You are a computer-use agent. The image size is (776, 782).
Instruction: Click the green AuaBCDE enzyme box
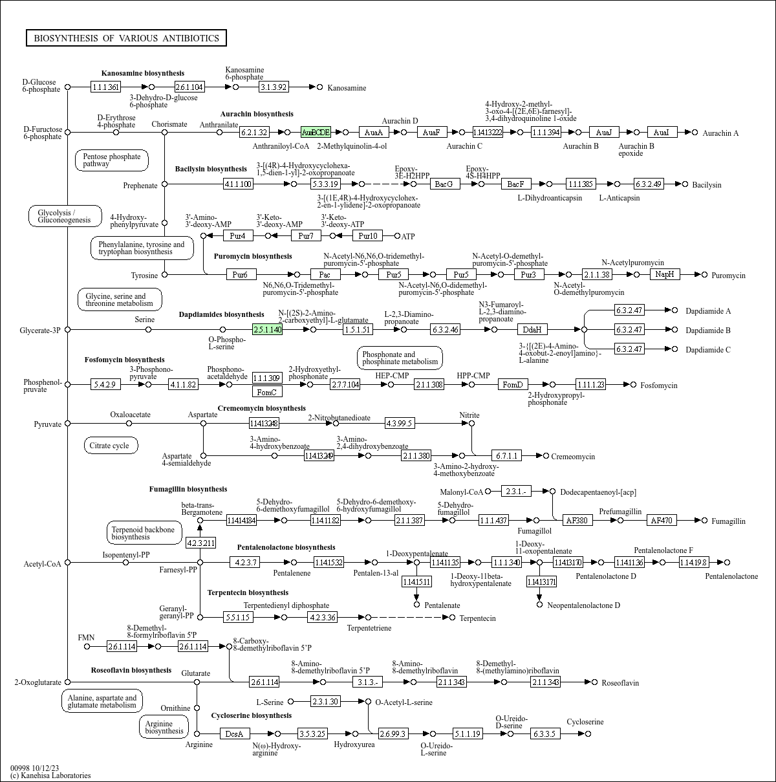[x=316, y=133]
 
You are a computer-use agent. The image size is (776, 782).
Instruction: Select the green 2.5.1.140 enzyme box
[x=267, y=330]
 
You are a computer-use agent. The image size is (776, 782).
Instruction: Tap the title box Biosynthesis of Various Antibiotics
[x=126, y=38]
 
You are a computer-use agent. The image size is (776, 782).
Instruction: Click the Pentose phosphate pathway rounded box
[x=111, y=160]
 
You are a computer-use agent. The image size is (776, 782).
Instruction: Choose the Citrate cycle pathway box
[x=109, y=446]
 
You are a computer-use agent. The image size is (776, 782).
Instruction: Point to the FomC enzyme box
[x=267, y=392]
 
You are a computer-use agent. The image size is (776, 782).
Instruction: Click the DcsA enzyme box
[x=234, y=734]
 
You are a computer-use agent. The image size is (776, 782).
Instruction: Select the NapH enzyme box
[x=665, y=275]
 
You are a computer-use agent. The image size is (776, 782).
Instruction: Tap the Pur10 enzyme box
[x=367, y=236]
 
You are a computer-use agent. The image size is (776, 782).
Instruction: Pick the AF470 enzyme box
[x=662, y=521]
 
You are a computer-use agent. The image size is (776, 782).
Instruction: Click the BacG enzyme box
[x=444, y=184]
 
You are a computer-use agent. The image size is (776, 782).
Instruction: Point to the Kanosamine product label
[x=347, y=88]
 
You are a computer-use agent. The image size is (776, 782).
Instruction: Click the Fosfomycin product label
[x=659, y=386]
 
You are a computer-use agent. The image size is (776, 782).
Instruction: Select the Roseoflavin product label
[x=620, y=683]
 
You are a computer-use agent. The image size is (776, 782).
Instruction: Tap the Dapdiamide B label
[x=708, y=331]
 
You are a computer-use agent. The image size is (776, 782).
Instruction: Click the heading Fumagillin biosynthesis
[x=188, y=490]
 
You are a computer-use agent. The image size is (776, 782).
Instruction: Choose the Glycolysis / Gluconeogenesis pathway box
[x=65, y=216]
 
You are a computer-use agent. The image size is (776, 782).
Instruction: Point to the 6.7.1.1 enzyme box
[x=506, y=456]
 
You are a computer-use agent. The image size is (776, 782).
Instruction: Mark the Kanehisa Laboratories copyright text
[x=50, y=776]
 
